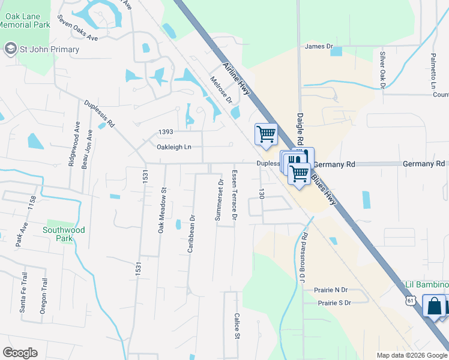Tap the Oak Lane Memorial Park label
click(25, 21)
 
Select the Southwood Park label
click(64, 234)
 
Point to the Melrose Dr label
click(221, 89)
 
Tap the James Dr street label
click(318, 46)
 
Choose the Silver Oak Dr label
click(382, 69)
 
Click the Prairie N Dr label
click(331, 290)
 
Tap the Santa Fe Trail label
click(25, 292)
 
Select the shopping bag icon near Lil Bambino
click(433, 306)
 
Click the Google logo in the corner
click(20, 353)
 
